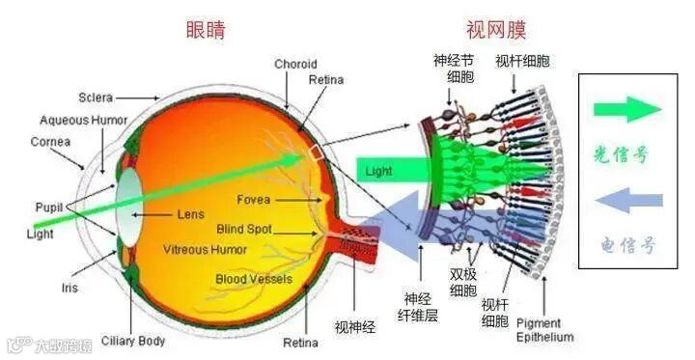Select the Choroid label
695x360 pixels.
pyautogui.click(x=295, y=65)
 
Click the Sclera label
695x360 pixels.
pyautogui.click(x=96, y=97)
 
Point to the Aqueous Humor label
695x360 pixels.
pyautogui.click(x=84, y=121)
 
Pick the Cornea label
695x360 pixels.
pyautogui.click(x=49, y=141)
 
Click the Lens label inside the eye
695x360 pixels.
pyautogui.click(x=190, y=213)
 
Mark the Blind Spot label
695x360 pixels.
pyautogui.click(x=244, y=230)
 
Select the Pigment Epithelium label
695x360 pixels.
pyautogui.click(x=545, y=330)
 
